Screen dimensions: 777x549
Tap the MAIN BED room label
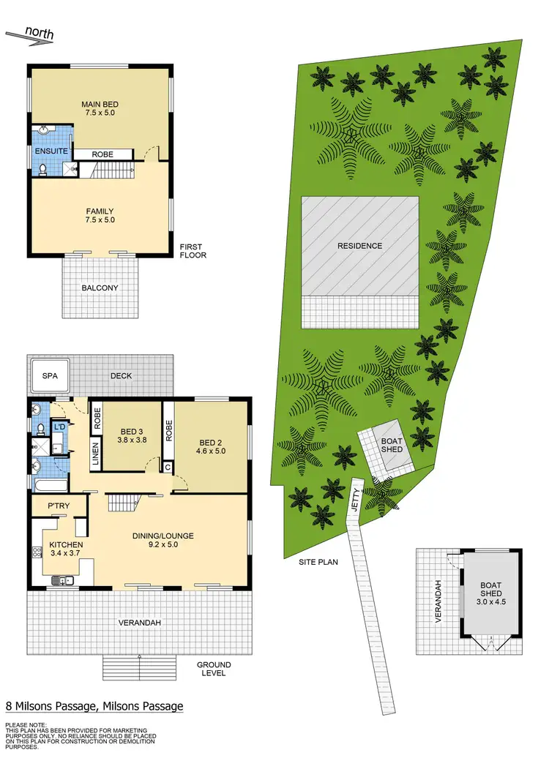(x=100, y=105)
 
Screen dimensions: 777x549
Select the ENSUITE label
(x=52, y=151)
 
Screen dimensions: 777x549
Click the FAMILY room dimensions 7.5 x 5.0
(x=100, y=219)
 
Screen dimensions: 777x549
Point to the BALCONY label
(x=100, y=288)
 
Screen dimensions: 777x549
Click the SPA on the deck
(x=48, y=375)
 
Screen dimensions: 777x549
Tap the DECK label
(x=121, y=375)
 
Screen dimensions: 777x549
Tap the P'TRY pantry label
(x=59, y=506)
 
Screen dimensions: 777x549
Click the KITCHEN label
(x=67, y=545)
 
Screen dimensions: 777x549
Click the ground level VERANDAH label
(x=140, y=623)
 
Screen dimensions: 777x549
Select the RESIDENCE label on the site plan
(x=359, y=246)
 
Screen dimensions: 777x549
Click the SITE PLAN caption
(x=317, y=562)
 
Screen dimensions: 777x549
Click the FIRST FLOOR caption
(x=193, y=251)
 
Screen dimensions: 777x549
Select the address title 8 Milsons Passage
(x=94, y=706)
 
